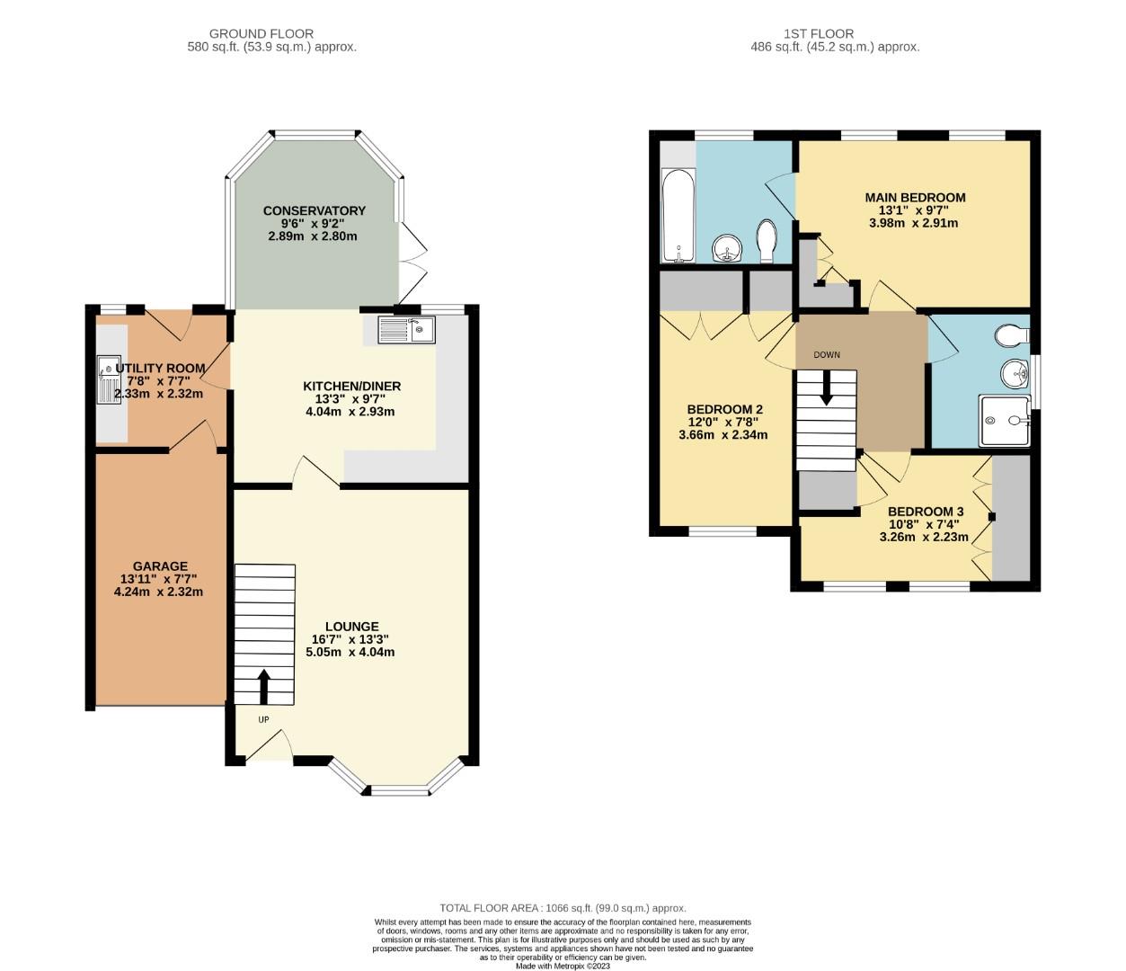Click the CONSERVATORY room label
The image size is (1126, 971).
314,210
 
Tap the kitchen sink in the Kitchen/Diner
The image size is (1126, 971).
406,330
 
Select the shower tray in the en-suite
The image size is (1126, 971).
1006,421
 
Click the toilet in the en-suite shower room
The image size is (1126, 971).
1013,335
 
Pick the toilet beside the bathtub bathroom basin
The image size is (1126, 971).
767,240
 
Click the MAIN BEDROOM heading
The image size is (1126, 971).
915,198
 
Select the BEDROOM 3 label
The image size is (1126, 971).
926,512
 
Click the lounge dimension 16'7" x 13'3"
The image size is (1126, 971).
352,639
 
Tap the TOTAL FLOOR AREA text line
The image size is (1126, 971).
563,908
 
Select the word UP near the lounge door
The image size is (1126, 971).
263,719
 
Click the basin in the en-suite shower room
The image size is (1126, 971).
1015,370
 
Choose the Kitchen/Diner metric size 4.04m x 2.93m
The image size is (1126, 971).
350,412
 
